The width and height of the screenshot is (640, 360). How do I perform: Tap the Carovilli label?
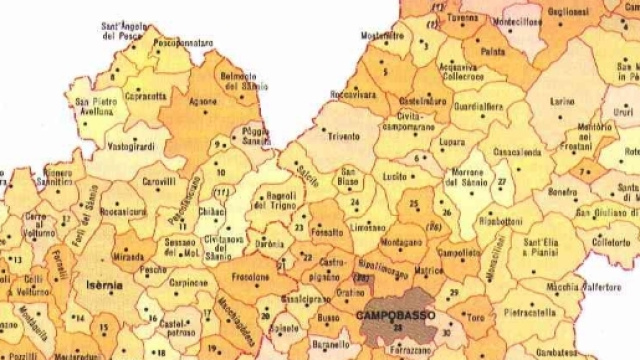coord(159,183)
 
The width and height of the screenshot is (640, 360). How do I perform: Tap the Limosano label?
coord(369,229)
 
